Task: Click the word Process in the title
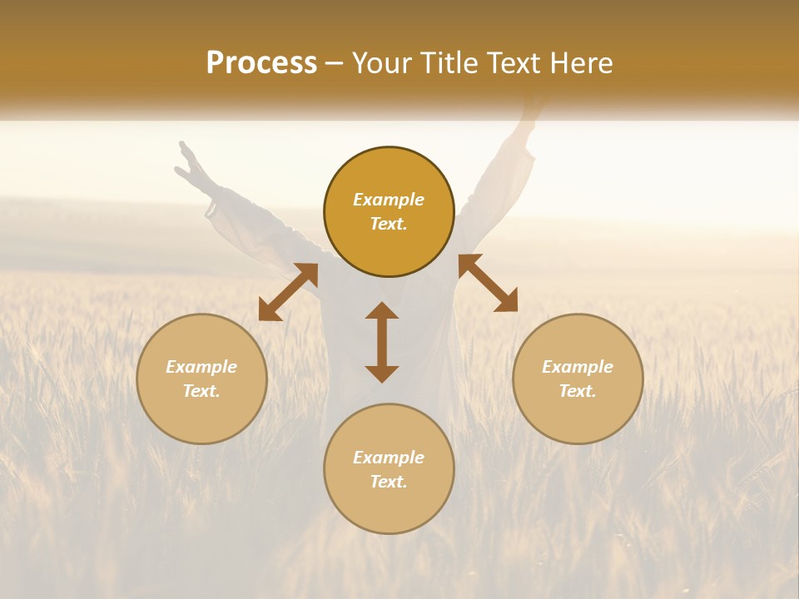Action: pos(261,63)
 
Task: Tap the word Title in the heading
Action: pos(450,63)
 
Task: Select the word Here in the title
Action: pos(583,63)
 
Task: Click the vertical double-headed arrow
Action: pos(382,342)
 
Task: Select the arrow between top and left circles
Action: pos(288,291)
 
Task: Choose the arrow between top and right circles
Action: pos(488,283)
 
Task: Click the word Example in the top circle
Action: pos(389,200)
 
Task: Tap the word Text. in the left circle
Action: pos(201,391)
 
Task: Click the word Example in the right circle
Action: pos(578,367)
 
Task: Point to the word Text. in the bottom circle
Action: pos(389,482)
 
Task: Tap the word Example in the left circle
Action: pos(201,367)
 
